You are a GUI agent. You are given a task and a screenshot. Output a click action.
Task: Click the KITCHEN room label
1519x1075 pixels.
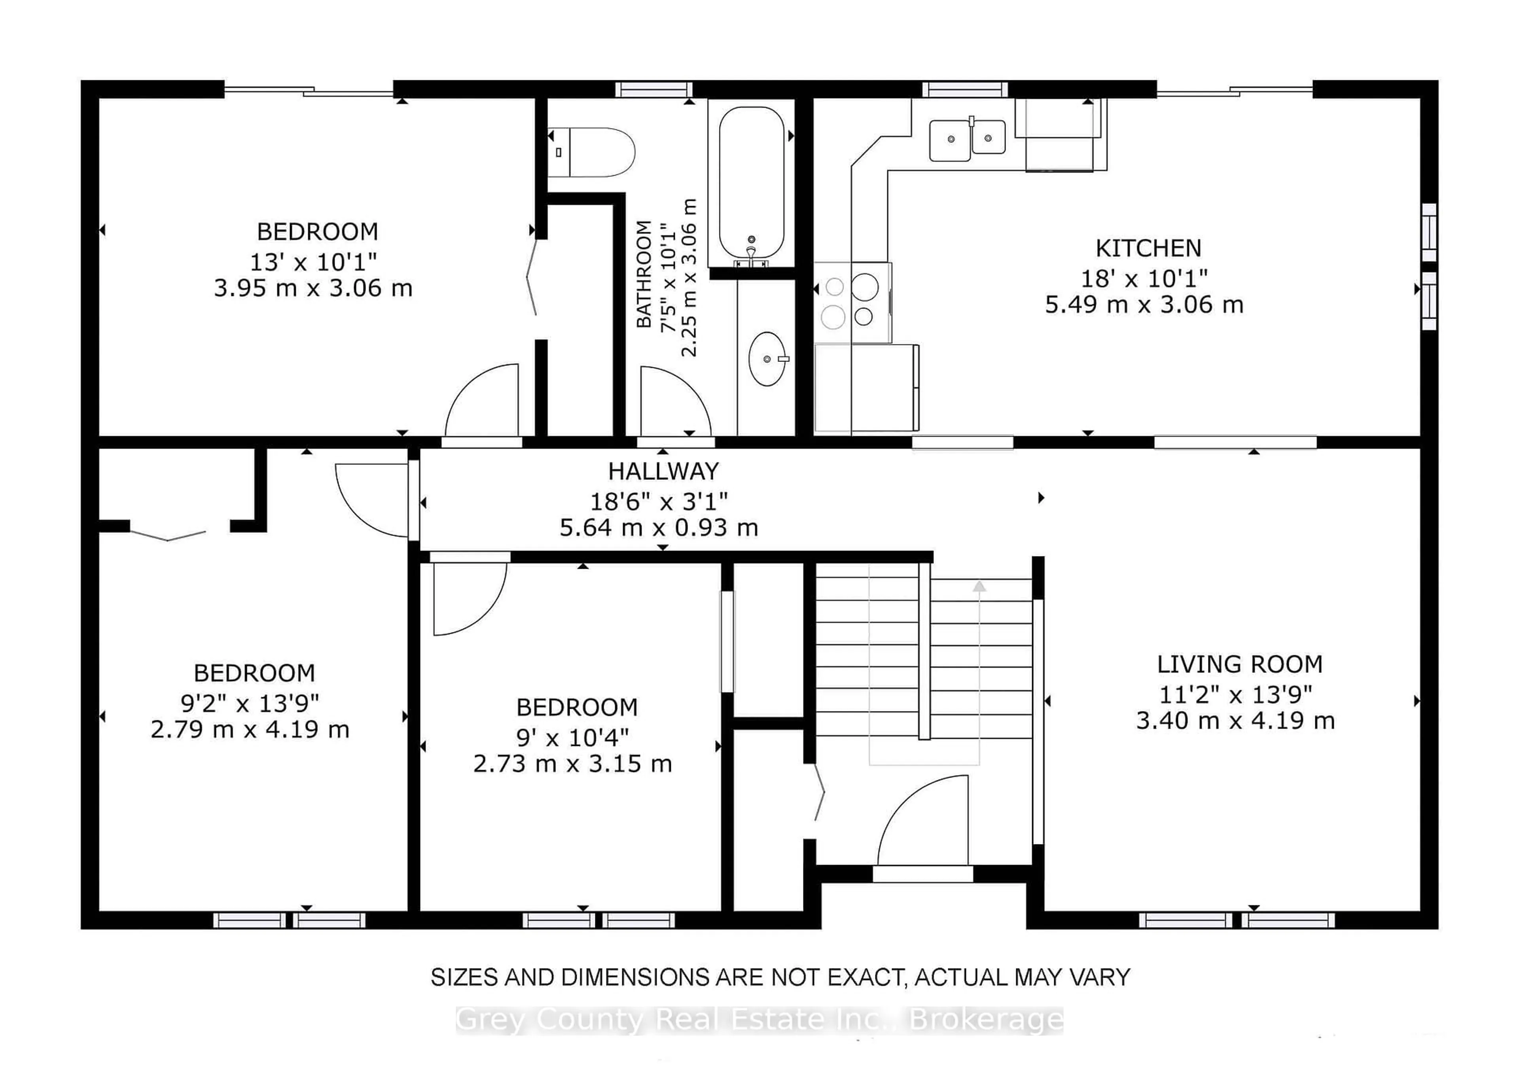tap(1148, 248)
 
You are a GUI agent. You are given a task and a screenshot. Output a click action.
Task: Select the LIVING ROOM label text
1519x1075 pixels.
tap(1239, 664)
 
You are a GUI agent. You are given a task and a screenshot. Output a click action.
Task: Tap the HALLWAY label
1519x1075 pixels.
tap(663, 471)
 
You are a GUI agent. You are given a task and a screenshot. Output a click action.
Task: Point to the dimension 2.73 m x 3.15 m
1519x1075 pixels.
tap(572, 764)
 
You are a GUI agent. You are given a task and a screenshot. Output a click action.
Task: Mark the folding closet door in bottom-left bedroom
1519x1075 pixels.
tap(167, 535)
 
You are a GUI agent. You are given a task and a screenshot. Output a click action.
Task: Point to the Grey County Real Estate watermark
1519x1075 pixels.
tap(759, 1020)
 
